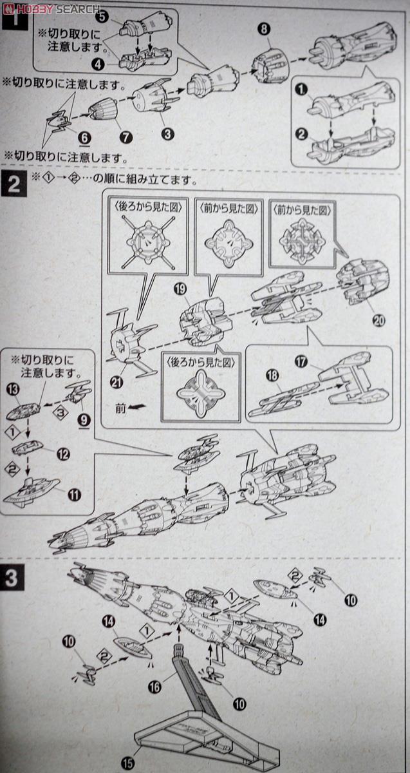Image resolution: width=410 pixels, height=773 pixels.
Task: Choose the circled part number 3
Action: click(167, 134)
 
